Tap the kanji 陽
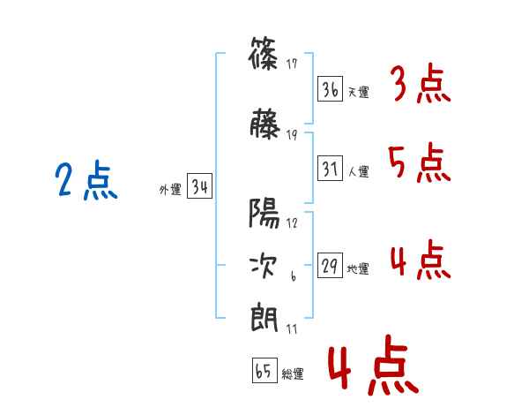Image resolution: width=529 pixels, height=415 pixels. [x=264, y=215]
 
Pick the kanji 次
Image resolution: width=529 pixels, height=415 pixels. [x=264, y=265]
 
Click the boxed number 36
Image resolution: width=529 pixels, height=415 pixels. [x=331, y=89]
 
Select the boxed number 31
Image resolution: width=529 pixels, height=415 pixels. [x=331, y=168]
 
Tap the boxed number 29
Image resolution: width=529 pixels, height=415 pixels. [x=331, y=266]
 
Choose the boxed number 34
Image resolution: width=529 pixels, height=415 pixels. [x=199, y=187]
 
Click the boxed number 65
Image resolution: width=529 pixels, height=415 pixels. [x=264, y=371]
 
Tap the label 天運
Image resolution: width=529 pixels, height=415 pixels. [x=358, y=92]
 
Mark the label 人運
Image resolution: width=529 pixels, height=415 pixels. [x=358, y=170]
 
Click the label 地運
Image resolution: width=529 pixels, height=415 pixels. [x=358, y=268]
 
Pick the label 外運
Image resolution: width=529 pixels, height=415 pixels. [x=169, y=189]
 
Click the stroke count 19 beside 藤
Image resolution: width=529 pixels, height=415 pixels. [x=292, y=134]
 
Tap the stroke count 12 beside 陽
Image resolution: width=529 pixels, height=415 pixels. [x=292, y=223]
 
